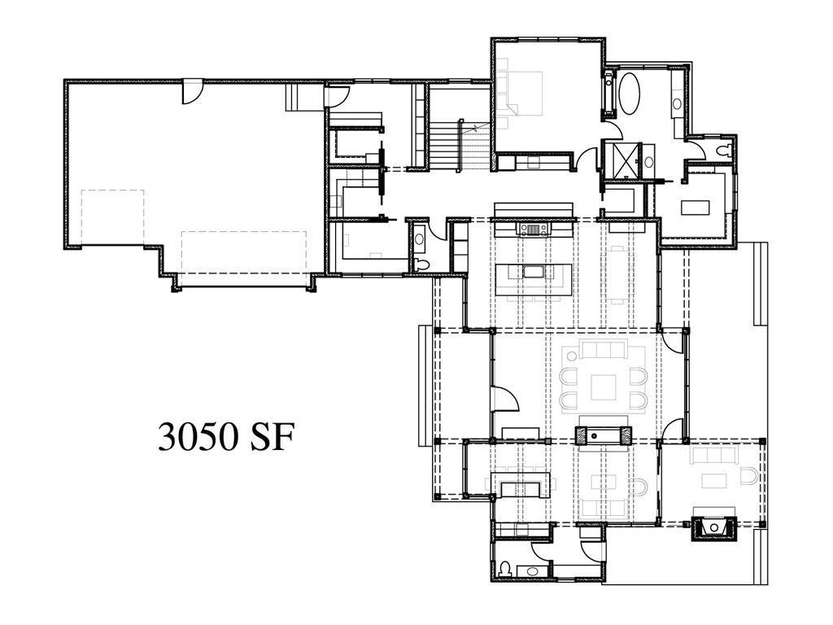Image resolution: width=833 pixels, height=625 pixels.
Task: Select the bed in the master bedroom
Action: click(520, 93)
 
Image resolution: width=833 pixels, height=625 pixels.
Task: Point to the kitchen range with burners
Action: click(534, 229)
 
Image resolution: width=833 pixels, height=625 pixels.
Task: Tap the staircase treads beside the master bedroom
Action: click(444, 145)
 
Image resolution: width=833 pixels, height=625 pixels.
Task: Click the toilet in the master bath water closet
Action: click(723, 151)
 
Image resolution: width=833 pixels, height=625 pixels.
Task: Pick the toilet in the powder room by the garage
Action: click(422, 264)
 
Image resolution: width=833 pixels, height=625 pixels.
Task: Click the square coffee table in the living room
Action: click(604, 387)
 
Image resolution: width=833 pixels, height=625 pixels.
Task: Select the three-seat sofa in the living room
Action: click(603, 349)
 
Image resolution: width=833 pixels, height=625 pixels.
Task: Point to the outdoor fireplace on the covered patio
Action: click(714, 527)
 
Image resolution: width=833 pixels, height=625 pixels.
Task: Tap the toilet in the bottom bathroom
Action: click(504, 570)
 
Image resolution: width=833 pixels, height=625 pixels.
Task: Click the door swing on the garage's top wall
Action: click(192, 91)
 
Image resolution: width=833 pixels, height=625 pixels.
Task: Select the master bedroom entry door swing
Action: click(587, 159)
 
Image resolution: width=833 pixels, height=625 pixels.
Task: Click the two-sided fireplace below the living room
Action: click(604, 435)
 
